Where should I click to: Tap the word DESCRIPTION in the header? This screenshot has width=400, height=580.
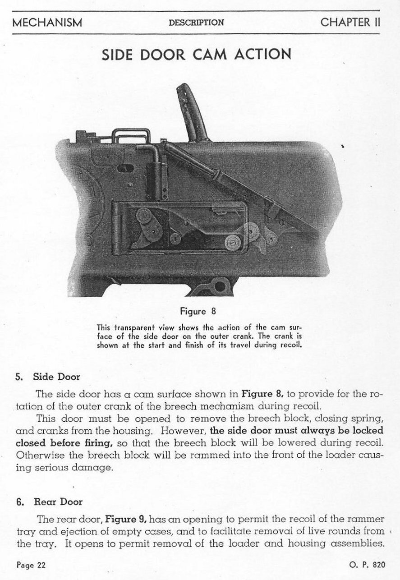pos(196,23)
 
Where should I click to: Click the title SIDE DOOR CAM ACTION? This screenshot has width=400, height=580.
pos(196,54)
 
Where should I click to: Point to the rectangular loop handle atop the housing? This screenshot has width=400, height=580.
pos(131,136)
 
